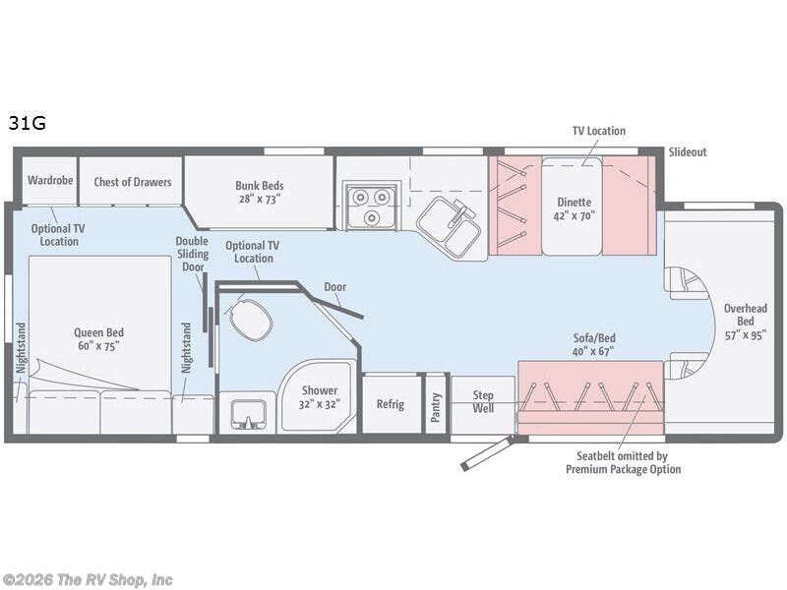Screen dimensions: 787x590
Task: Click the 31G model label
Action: click(28, 122)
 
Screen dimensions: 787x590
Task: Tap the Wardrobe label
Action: click(50, 180)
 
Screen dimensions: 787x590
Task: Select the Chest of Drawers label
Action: click(133, 182)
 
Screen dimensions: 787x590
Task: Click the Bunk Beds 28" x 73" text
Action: click(260, 192)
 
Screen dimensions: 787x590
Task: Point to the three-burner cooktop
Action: click(372, 206)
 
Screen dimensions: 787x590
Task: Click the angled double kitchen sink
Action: click(449, 227)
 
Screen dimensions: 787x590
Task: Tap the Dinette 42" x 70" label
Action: click(575, 208)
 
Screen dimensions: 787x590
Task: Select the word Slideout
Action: click(688, 152)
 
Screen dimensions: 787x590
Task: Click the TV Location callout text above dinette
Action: click(599, 131)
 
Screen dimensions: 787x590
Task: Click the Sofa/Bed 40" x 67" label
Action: click(594, 345)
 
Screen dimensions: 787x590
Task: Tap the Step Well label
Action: click(483, 401)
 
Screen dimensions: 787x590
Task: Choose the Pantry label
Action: click(435, 407)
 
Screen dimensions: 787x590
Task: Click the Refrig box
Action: click(391, 404)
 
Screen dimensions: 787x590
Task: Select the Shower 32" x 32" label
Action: click(319, 397)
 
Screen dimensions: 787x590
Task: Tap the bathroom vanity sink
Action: click(248, 414)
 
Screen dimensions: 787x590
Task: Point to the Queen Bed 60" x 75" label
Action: click(99, 338)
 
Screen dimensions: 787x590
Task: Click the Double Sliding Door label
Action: click(192, 254)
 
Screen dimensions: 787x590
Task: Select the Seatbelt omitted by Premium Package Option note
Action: click(623, 462)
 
